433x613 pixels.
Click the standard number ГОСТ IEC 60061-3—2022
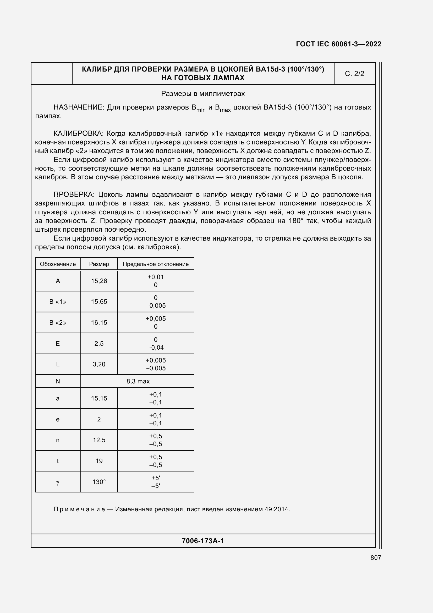pos(338,44)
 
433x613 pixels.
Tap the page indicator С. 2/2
pos(354,74)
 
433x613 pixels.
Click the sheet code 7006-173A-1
pos(203,541)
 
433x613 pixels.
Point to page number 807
pos(376,557)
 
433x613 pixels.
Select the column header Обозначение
pos(58,264)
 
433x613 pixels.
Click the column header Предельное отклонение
pos(156,264)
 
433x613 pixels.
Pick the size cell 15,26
pos(99,281)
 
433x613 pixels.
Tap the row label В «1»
pos(58,302)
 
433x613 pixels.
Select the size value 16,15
pos(99,323)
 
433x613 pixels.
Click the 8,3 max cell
pos(138,381)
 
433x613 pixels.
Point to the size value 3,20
pos(99,364)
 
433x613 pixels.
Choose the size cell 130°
pos(99,482)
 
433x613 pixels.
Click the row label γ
pos(58,482)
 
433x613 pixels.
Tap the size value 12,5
pos(99,440)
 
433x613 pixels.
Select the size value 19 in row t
pos(99,461)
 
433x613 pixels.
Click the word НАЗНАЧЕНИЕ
pos(78,107)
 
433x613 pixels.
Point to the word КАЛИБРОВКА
pos(78,133)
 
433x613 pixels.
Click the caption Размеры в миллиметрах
pos(203,94)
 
